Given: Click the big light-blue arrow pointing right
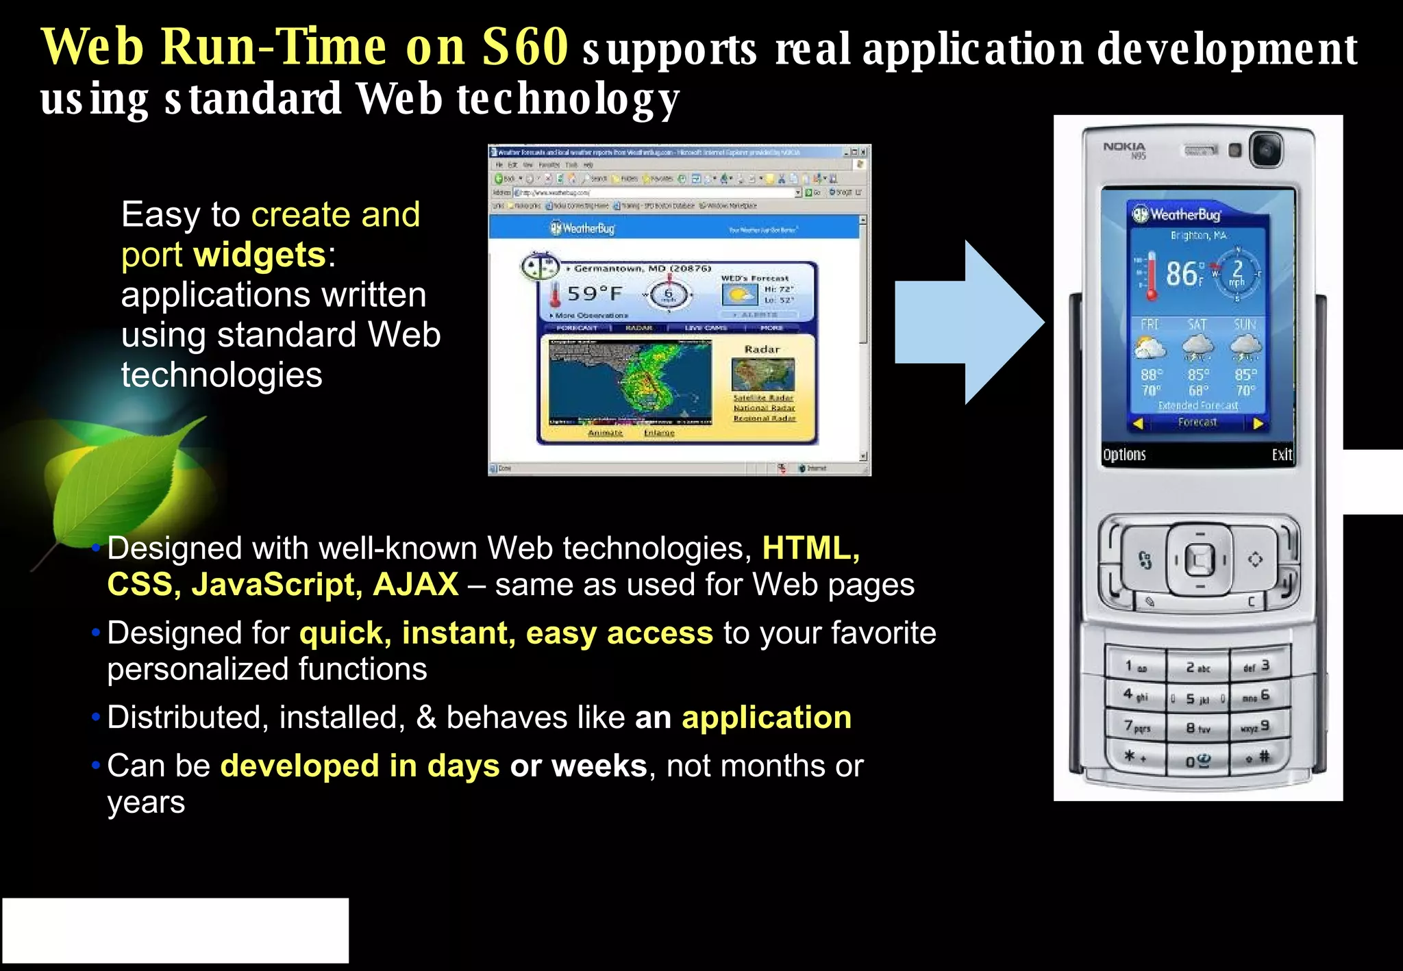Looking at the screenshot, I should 966,322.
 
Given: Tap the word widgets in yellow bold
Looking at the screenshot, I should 260,255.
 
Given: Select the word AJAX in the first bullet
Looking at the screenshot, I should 416,584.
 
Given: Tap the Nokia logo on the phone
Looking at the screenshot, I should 1123,147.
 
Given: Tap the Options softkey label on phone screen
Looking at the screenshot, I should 1124,455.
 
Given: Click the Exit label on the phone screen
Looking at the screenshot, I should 1281,455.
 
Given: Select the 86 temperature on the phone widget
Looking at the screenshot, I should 1182,274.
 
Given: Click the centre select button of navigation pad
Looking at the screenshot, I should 1200,560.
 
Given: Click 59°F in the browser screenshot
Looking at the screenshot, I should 594,294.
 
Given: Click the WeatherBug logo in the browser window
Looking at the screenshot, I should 584,228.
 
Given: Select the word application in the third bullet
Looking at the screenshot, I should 766,717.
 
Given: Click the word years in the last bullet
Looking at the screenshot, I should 146,802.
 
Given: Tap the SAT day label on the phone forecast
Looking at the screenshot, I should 1197,324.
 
